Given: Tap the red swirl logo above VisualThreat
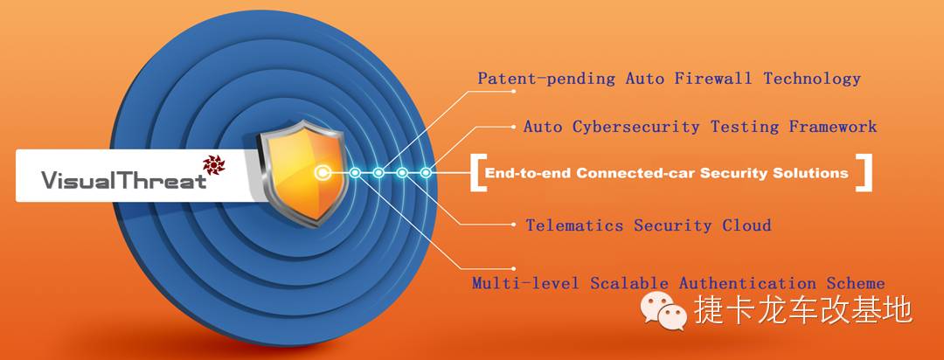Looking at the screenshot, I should tap(214, 163).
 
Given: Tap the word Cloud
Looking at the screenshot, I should tap(746, 225).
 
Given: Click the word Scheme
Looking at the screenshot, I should tap(856, 283).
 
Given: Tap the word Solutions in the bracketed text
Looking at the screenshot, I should tap(809, 173).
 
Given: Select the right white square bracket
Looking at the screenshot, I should tap(864, 172).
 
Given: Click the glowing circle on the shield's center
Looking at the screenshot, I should tap(324, 173).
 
